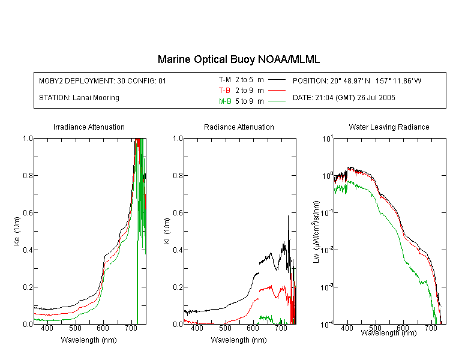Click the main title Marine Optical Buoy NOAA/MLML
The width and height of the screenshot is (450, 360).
(x=238, y=59)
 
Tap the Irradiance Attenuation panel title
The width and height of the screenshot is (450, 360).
(x=89, y=127)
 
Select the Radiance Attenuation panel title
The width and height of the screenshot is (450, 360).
(x=239, y=127)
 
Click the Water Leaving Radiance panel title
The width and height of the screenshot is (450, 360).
(x=389, y=127)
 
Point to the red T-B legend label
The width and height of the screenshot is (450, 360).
(x=224, y=91)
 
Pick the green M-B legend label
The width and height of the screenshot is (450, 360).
(x=225, y=101)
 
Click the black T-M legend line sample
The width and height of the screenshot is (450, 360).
(x=277, y=80)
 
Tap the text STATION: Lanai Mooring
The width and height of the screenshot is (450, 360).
(x=79, y=98)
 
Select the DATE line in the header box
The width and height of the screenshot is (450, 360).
(x=344, y=98)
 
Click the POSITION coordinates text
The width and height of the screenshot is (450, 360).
(x=357, y=80)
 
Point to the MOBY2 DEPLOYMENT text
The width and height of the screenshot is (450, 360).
(x=103, y=80)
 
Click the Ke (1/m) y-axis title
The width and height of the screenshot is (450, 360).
(x=17, y=231)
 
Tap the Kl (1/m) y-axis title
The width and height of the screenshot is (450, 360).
(x=167, y=231)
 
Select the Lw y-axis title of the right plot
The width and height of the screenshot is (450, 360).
(x=316, y=232)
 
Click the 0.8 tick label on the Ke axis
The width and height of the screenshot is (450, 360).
(x=28, y=175)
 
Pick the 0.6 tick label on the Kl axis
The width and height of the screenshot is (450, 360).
(x=178, y=213)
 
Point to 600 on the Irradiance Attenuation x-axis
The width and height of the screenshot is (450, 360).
(x=103, y=328)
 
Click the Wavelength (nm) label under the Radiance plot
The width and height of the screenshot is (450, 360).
(x=239, y=340)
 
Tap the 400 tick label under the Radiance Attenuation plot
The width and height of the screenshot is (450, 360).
(x=197, y=328)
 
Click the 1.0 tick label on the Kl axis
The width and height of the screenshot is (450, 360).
(x=178, y=139)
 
